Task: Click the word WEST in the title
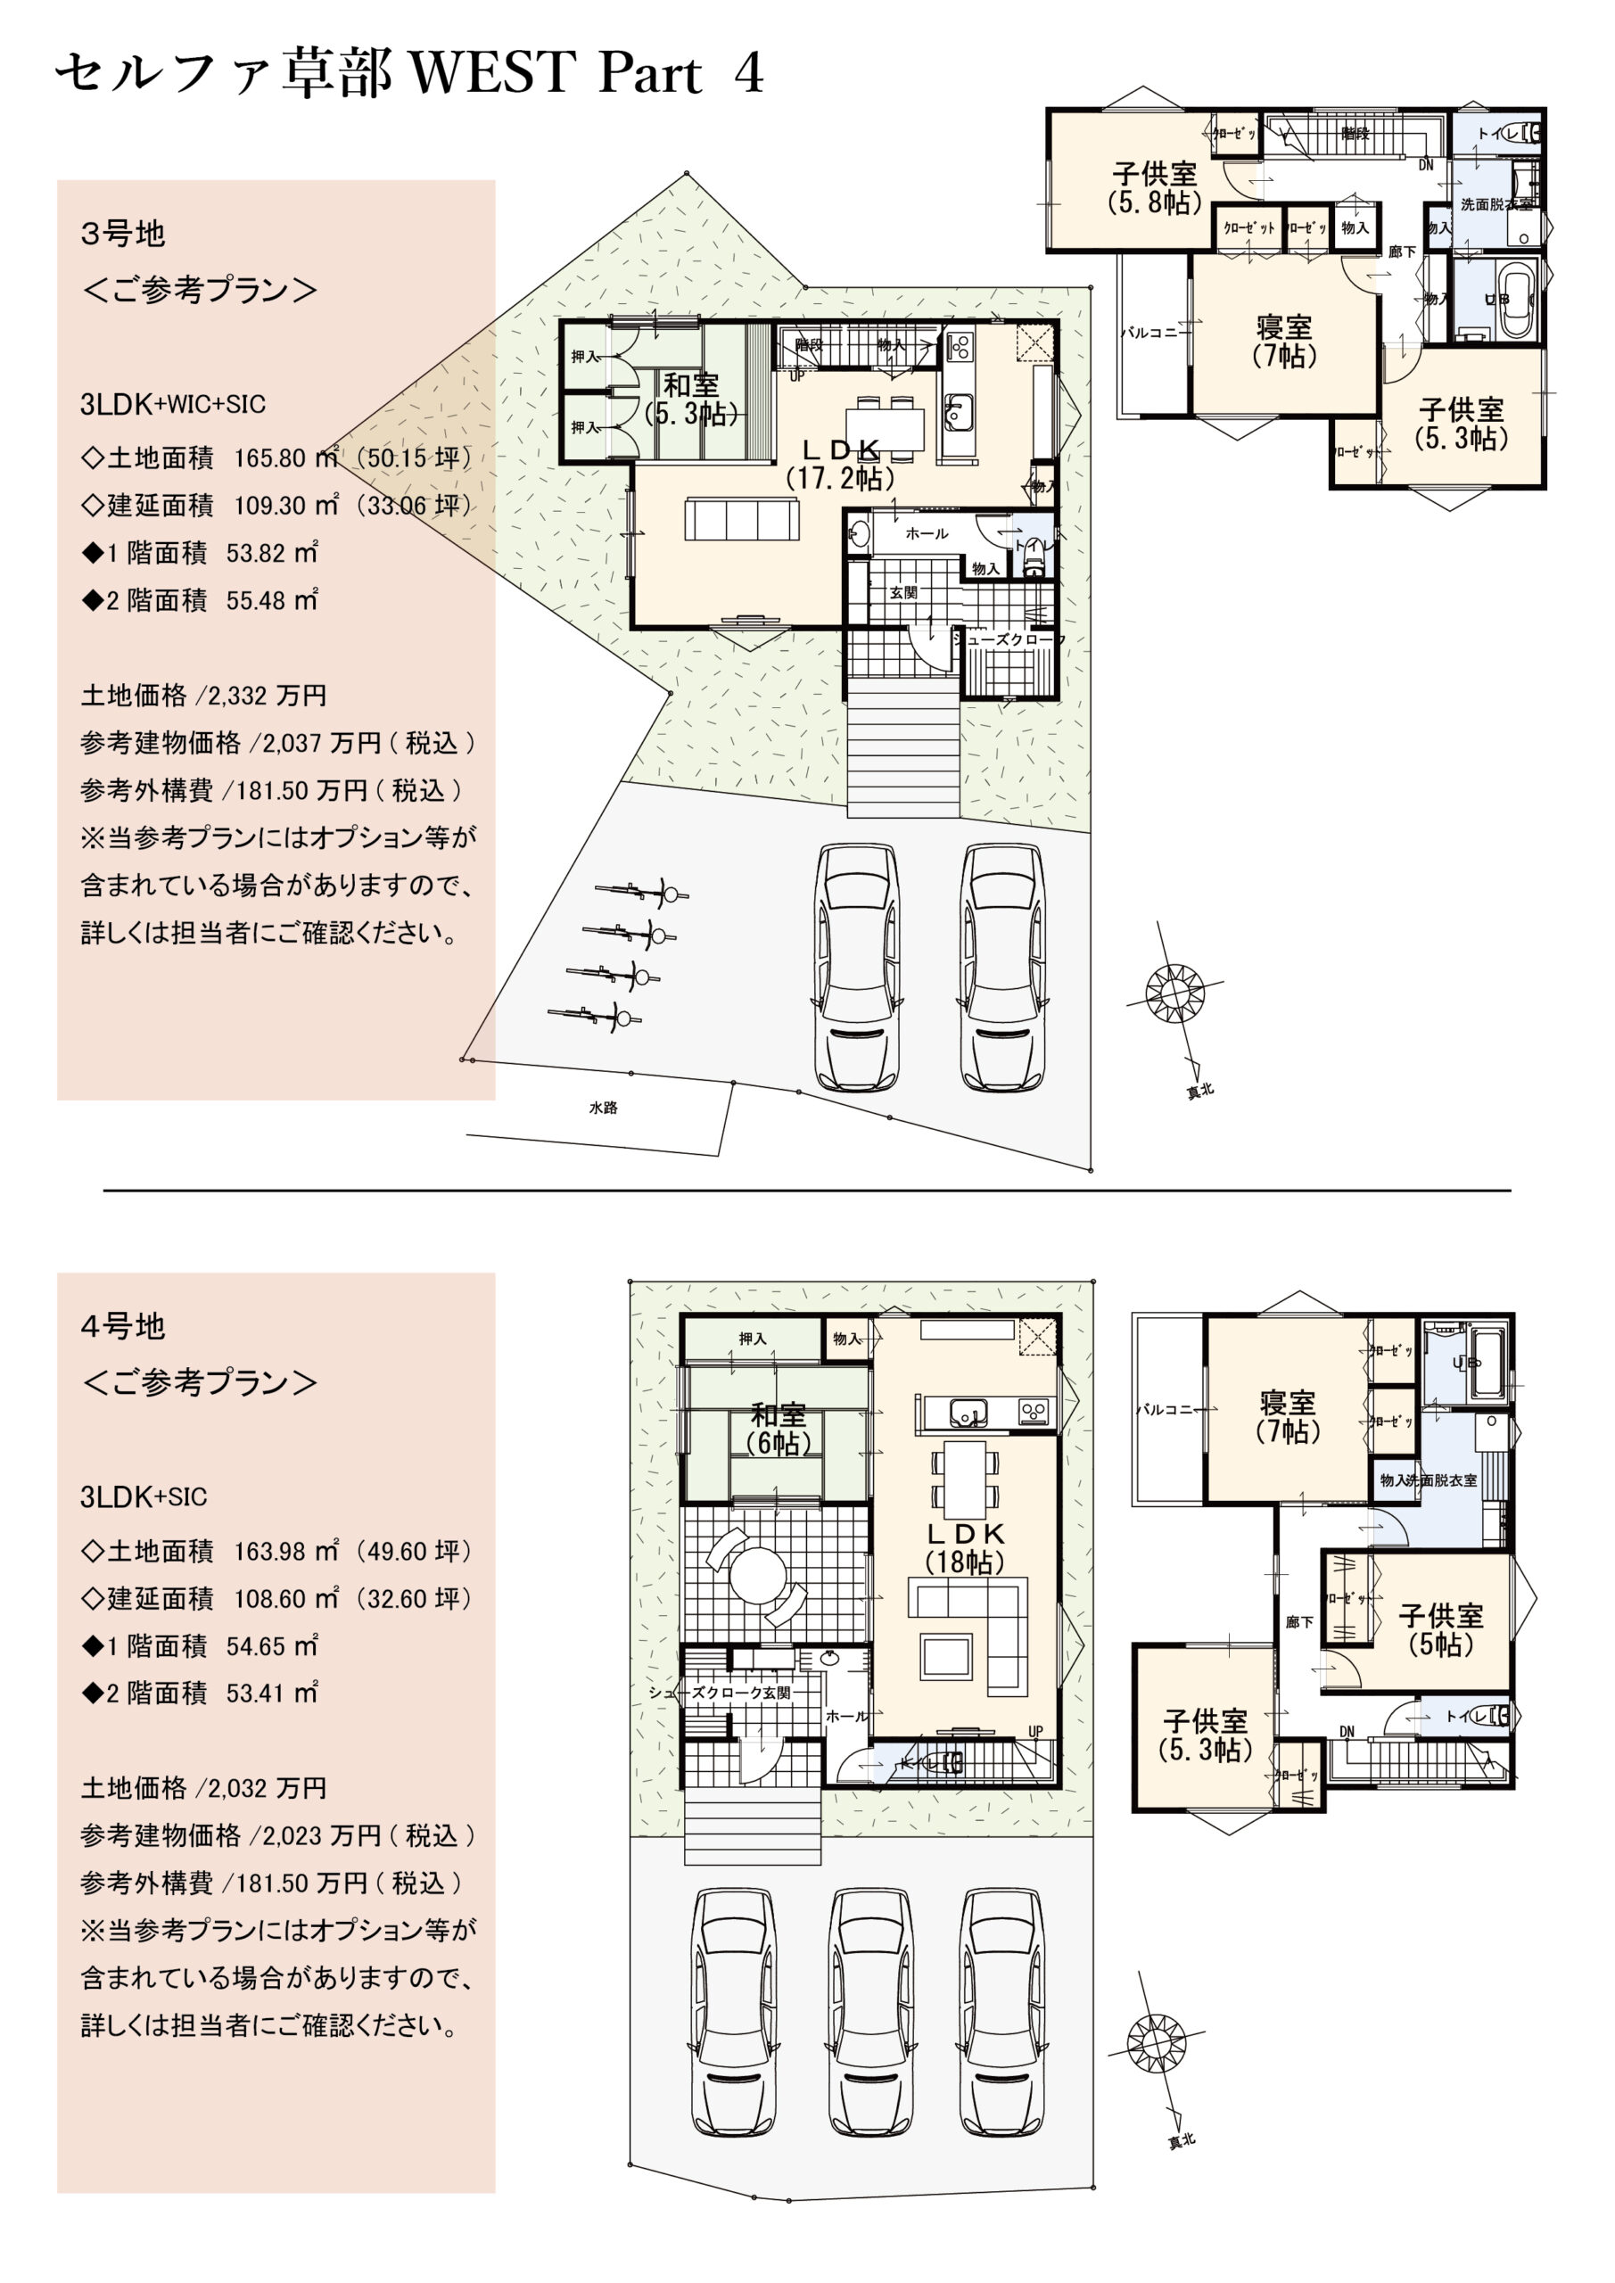click(492, 72)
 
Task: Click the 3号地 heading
click(122, 235)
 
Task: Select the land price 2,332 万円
click(267, 696)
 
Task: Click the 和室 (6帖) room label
click(778, 1428)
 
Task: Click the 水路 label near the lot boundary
click(603, 1108)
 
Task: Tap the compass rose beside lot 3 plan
click(1174, 992)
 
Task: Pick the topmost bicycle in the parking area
click(641, 892)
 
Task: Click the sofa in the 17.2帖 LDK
click(741, 519)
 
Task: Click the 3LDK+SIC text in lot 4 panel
click(144, 1497)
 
